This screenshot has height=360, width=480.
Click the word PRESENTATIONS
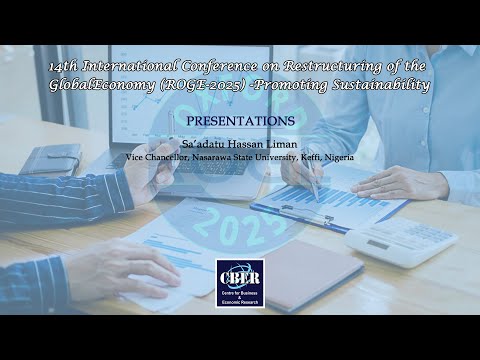tap(240, 120)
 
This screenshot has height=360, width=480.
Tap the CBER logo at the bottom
tap(240, 279)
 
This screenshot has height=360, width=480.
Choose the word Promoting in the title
tap(289, 85)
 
